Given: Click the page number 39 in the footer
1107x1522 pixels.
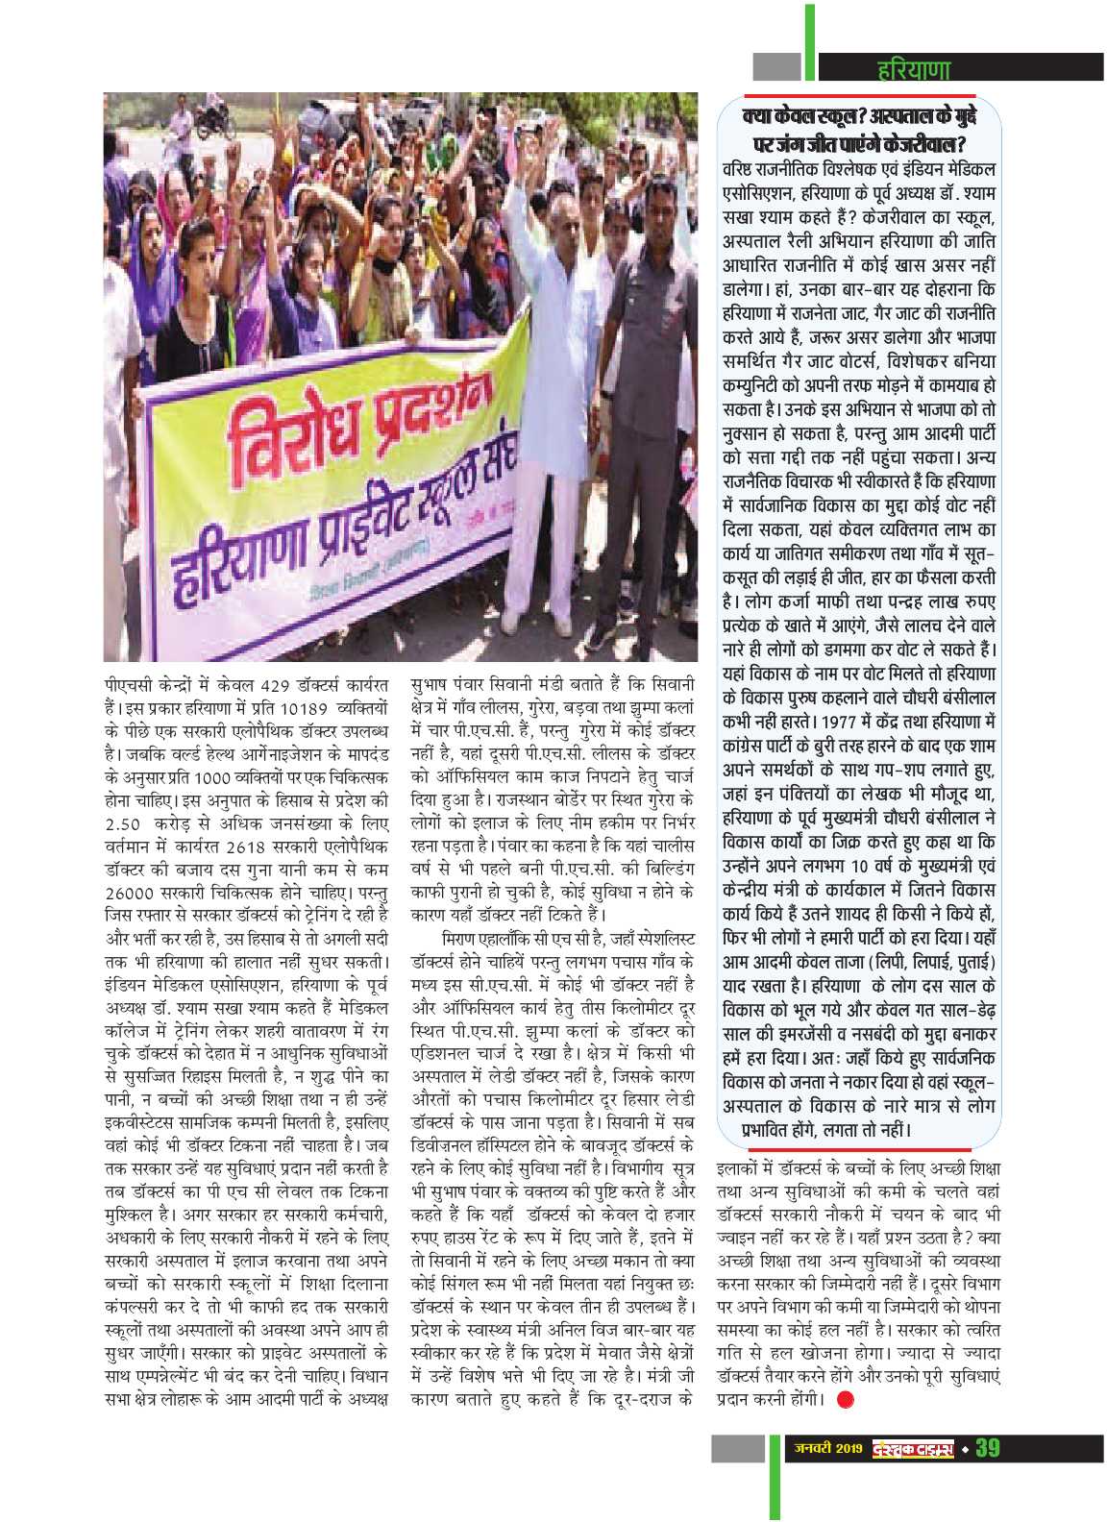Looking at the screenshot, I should coord(988,1447).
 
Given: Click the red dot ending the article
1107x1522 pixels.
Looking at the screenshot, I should coord(845,1399).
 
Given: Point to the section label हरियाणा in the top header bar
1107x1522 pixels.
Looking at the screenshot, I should coord(914,69).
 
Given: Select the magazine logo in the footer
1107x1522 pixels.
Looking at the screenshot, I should coord(913,1447).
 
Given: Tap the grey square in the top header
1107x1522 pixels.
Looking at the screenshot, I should coord(776,66).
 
